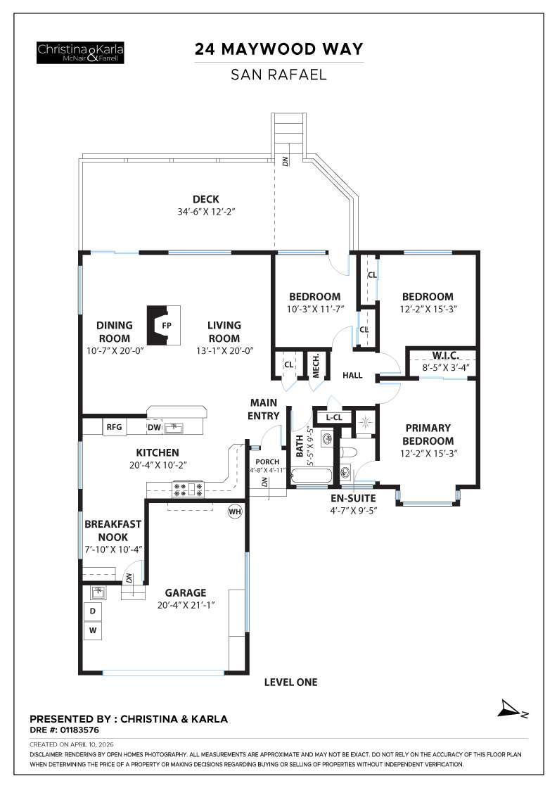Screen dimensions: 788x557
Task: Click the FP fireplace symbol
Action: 165,326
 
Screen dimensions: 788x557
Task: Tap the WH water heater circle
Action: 234,511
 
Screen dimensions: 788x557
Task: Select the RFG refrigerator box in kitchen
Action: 114,426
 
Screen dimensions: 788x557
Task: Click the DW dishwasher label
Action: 153,426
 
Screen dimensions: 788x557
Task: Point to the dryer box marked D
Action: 93,611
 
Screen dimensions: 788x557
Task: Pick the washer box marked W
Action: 93,631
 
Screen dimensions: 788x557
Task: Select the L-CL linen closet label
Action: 334,417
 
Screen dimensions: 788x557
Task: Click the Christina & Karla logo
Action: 81,52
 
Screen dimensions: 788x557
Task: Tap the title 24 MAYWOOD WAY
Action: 279,50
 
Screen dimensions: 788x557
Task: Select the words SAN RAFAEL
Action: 279,75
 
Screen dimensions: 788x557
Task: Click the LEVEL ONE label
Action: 290,682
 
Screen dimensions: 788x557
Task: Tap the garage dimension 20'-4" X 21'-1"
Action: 186,604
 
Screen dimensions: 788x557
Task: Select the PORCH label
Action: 267,462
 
